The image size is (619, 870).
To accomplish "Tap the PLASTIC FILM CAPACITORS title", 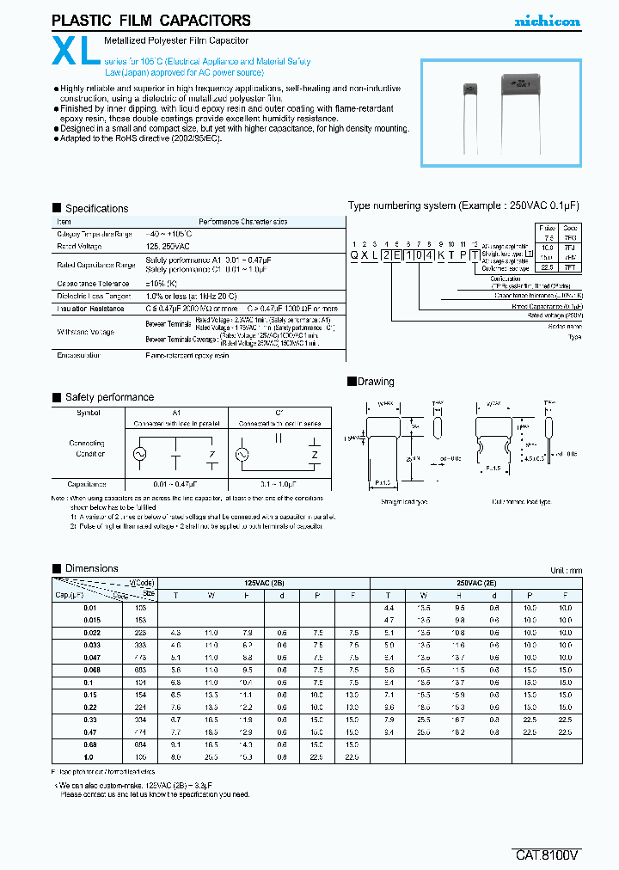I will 151,21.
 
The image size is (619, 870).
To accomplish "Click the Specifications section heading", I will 96,208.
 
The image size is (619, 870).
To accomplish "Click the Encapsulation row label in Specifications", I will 79,354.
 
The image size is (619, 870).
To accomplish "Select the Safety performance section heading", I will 109,397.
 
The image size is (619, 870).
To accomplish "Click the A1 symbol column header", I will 175,413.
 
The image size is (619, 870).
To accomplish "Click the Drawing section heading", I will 375,382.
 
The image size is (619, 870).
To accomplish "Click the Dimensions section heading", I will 91,568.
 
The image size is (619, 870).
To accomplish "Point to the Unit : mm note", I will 566,571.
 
